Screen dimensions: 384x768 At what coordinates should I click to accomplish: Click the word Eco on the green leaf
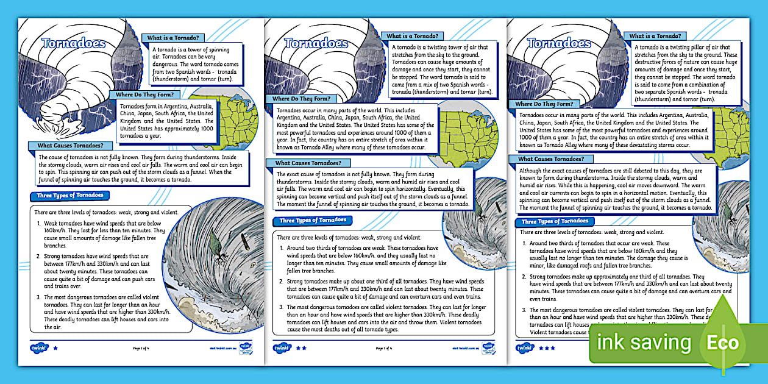722,342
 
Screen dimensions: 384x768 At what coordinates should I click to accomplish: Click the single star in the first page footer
55,348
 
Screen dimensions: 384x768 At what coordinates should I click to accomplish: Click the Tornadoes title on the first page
74,43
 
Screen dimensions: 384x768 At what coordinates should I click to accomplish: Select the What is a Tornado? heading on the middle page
414,37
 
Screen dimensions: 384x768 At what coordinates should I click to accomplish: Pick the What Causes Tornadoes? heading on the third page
552,159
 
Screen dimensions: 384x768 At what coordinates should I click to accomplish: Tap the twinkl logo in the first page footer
38,348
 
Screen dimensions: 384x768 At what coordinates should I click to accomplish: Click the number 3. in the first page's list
37,297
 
